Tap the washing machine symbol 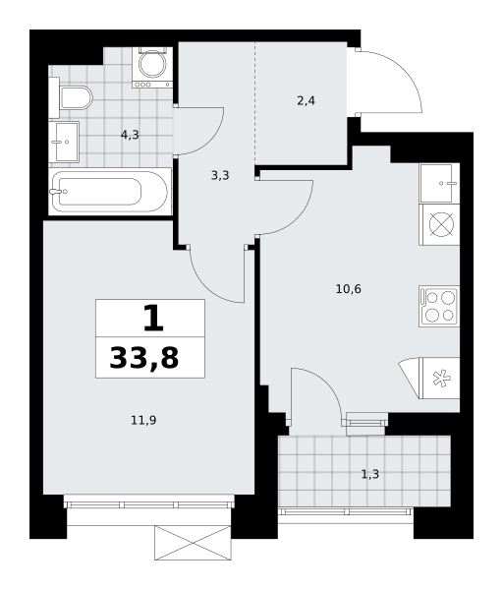pos(152,67)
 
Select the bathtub pos(110,192)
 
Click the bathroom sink pos(64,142)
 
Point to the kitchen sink pos(439,183)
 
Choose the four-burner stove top pos(439,306)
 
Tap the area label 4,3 pos(130,135)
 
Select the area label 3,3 pos(220,175)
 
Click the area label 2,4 pos(306,101)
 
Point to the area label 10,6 pos(349,289)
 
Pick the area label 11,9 pos(143,420)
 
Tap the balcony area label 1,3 pos(370,474)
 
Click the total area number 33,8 pos(144,358)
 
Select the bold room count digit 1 pos(154,319)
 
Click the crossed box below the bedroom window pos(193,543)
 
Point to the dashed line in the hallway pos(254,103)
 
